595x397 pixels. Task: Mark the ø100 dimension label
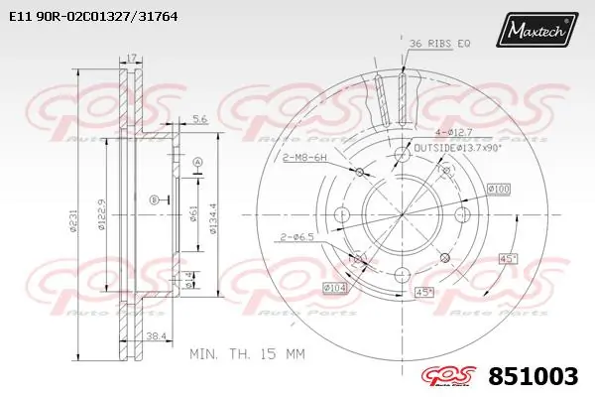(x=497, y=189)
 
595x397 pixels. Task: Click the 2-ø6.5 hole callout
(x=297, y=236)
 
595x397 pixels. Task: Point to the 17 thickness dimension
(x=132, y=60)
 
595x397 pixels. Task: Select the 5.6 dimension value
(x=199, y=119)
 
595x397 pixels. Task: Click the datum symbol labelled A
(x=197, y=162)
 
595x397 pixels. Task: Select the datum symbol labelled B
(x=154, y=200)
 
